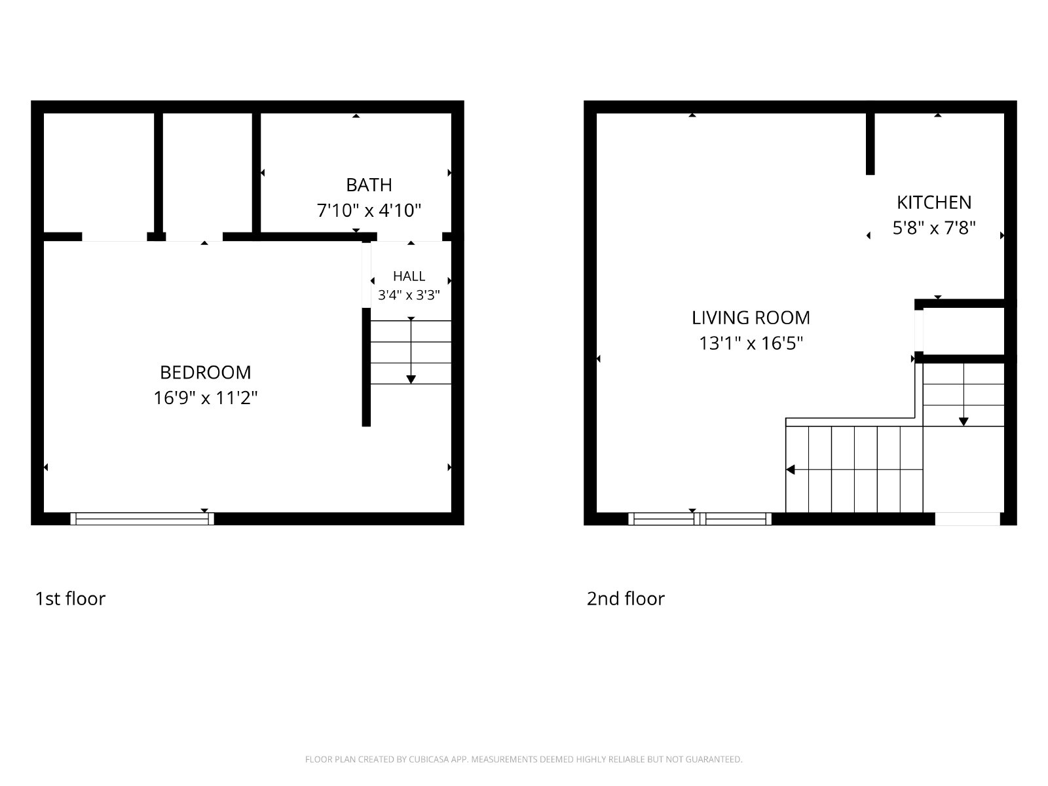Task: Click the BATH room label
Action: coord(369,185)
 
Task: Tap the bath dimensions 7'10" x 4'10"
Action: coord(369,210)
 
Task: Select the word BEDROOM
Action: coord(205,373)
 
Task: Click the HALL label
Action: coord(409,276)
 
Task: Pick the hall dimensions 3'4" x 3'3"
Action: coord(409,295)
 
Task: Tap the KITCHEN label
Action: coord(934,203)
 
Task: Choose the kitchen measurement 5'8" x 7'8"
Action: coord(934,228)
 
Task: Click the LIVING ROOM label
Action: coord(751,318)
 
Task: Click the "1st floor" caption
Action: coord(70,599)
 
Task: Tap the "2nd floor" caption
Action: coord(626,599)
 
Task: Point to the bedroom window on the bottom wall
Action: coord(142,519)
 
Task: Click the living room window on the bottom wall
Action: coord(700,519)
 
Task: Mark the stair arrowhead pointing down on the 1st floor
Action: coord(411,379)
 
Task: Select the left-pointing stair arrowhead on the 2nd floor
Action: coord(790,470)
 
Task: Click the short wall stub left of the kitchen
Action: coord(870,143)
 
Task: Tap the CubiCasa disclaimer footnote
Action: coord(524,759)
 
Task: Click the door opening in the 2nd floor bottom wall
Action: coord(967,519)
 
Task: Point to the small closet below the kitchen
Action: coord(964,331)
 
